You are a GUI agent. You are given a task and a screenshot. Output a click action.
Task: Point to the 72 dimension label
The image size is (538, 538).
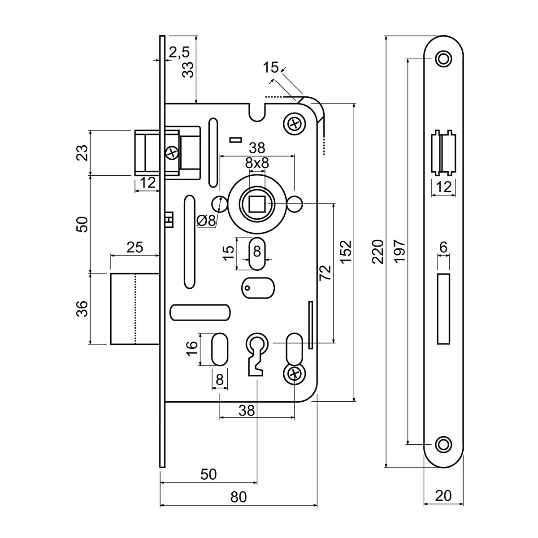click(x=326, y=273)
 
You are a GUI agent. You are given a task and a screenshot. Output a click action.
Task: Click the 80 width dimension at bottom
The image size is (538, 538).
click(x=239, y=497)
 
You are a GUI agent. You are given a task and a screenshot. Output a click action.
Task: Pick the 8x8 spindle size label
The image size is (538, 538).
click(x=256, y=164)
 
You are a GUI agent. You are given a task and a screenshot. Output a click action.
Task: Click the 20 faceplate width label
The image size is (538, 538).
click(x=443, y=495)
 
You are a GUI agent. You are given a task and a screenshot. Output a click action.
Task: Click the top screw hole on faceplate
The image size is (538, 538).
click(x=443, y=59)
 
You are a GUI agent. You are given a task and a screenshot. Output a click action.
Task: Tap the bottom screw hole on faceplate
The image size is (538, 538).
click(x=443, y=444)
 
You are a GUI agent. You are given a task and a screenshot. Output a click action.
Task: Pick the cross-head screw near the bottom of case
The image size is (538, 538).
click(x=294, y=373)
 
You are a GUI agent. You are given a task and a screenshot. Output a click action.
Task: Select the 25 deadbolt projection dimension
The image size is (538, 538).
click(x=134, y=247)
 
